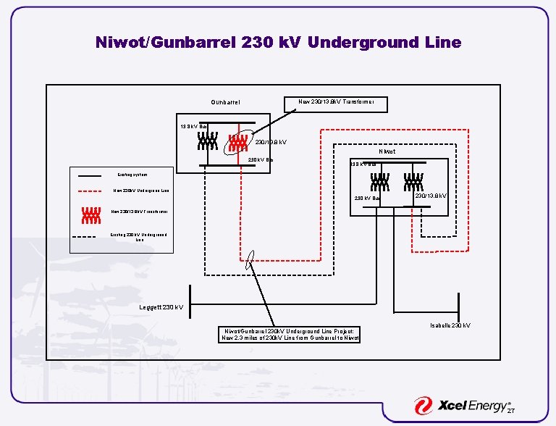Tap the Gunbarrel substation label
225,103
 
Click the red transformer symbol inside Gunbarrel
237,143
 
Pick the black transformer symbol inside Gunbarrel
206,143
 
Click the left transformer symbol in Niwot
377,181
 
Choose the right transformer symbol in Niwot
413,181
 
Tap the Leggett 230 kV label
161,308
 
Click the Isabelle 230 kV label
450,325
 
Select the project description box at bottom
289,334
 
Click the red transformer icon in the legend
90,214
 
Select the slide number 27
511,411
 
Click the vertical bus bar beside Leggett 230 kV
190,297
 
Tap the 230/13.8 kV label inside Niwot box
430,196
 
